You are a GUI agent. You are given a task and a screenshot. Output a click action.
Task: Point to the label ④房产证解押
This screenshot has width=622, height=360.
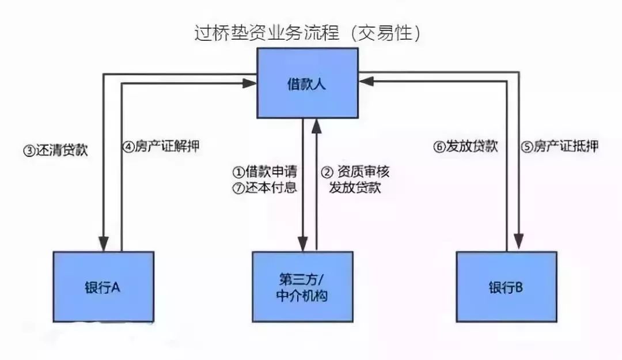(161, 146)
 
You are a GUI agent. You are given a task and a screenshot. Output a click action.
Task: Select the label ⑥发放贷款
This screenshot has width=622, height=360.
(465, 146)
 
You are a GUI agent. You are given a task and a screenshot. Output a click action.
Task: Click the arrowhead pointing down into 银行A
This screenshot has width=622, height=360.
(104, 244)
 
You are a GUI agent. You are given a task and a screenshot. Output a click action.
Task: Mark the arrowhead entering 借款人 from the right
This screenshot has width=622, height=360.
(365, 84)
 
